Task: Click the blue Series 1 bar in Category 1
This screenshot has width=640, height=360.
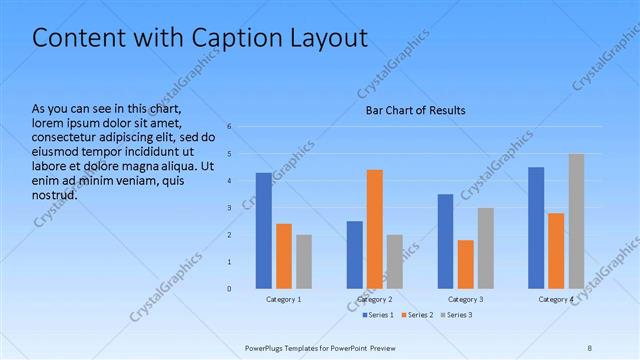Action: pos(263,230)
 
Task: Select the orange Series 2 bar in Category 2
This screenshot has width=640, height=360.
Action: pos(374,229)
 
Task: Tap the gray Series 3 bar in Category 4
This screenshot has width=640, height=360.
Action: pos(576,221)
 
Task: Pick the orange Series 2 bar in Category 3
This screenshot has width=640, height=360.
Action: pos(465,264)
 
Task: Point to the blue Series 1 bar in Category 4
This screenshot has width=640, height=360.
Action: pos(536,227)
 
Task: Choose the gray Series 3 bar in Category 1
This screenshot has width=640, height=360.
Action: pos(303,261)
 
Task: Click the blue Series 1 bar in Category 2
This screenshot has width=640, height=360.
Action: pos(354,254)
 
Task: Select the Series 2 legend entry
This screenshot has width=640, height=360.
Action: pos(415,315)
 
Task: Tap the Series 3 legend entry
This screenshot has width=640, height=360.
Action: pos(456,315)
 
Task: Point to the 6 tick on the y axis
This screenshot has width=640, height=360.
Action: pos(229,127)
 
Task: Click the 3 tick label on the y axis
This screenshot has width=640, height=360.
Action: pos(229,208)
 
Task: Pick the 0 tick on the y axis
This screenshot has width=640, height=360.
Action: pos(229,289)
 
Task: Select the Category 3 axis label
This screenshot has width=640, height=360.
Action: pos(465,300)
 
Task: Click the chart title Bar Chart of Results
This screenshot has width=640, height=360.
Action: pos(414,110)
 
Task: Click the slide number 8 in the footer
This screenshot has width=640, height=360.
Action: pos(590,347)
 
